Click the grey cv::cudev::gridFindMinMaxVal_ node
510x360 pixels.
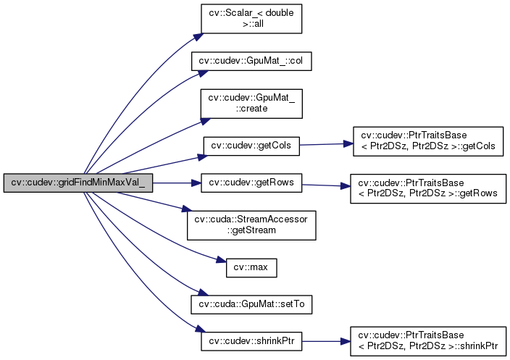78,183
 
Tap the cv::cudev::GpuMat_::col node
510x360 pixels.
251,62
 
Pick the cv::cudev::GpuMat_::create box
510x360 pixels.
251,102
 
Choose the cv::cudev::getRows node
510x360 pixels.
251,183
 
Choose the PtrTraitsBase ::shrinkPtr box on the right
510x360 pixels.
428,340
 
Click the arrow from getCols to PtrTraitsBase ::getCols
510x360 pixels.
325,145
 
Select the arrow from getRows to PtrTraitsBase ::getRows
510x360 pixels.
324,185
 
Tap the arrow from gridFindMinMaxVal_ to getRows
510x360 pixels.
175,183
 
